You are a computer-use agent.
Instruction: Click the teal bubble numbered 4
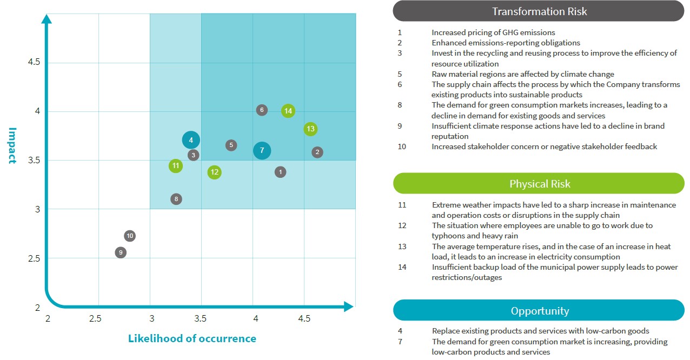click(x=191, y=141)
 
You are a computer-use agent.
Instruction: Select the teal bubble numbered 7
click(x=262, y=150)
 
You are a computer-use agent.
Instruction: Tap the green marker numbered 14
click(x=288, y=111)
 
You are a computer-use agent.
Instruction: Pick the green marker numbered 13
click(x=310, y=129)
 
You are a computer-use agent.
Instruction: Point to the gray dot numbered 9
click(x=121, y=252)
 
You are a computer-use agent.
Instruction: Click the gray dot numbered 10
click(x=130, y=236)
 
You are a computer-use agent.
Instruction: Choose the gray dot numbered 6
click(x=262, y=110)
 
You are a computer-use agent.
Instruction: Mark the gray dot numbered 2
click(x=317, y=152)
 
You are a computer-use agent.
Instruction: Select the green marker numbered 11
click(x=175, y=165)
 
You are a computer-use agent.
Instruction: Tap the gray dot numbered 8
click(x=176, y=199)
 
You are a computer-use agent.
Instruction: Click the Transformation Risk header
click(x=539, y=11)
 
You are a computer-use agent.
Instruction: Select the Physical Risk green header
click(x=539, y=184)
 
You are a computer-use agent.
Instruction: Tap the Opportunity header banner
click(x=539, y=311)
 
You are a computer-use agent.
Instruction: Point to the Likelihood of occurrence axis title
click(x=192, y=339)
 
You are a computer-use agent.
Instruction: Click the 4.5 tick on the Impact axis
click(x=34, y=62)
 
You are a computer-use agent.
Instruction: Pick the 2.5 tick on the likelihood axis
click(x=95, y=318)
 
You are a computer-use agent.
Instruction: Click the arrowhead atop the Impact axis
click(x=47, y=19)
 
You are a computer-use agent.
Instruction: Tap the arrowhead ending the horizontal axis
click(x=349, y=306)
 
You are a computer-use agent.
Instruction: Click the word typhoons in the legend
click(x=448, y=236)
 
